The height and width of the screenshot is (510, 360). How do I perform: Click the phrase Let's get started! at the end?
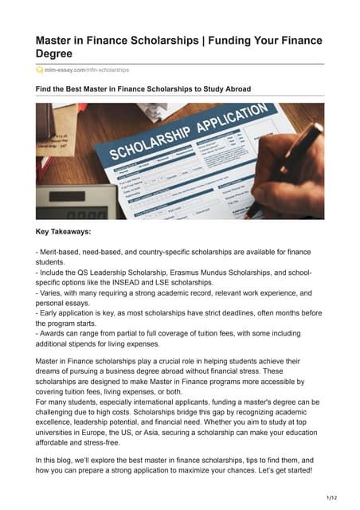[288, 470]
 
